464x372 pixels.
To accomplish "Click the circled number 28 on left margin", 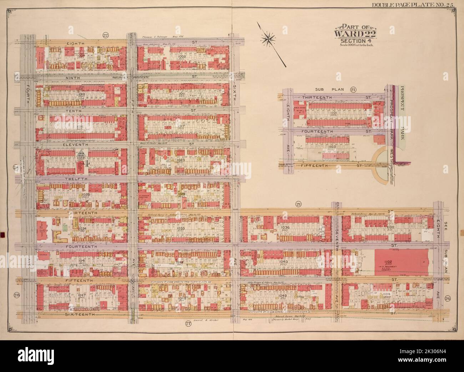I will [x=16, y=295].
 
